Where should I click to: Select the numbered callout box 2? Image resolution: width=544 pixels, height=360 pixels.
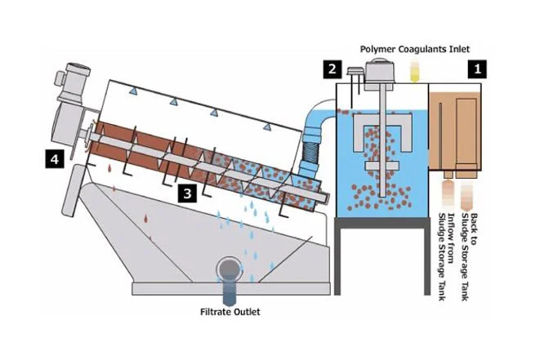332,69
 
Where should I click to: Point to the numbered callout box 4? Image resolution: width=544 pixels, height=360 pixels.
55,158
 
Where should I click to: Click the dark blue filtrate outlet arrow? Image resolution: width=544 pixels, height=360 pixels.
229,287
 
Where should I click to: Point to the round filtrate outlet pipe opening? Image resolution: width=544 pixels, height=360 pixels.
229,268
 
